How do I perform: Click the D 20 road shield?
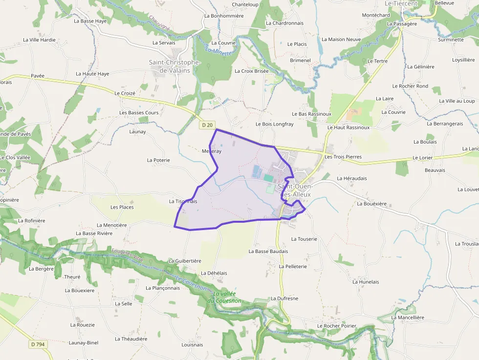(207, 125)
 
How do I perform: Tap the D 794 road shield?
(38, 344)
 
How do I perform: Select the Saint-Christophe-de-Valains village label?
(174, 66)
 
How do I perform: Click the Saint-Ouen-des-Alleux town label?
(294, 191)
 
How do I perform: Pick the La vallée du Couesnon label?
(224, 297)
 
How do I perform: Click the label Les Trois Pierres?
(343, 157)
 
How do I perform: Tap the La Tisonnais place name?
(183, 201)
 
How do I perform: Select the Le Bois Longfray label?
(275, 124)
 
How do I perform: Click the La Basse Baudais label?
(268, 251)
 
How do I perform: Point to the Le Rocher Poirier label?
(337, 326)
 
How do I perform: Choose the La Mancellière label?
(408, 317)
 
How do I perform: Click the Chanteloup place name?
(245, 4)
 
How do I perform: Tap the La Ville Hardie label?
(39, 40)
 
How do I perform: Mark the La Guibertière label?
(185, 261)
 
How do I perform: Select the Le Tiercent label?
(401, 3)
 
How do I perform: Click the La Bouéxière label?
(372, 203)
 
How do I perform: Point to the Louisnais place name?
(192, 344)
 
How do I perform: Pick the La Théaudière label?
(131, 339)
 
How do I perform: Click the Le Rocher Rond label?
(414, 86)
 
